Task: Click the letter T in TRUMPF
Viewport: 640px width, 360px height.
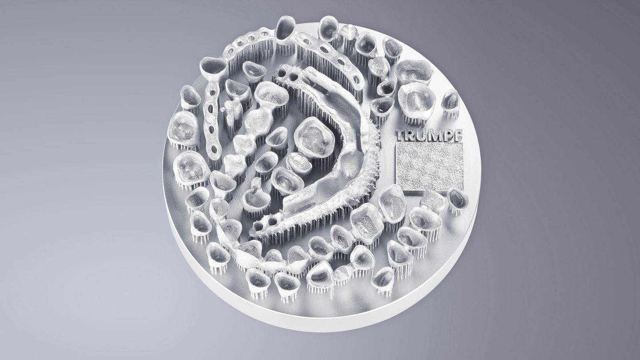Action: (401, 136)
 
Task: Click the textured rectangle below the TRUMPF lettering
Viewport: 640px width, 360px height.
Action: (429, 167)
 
